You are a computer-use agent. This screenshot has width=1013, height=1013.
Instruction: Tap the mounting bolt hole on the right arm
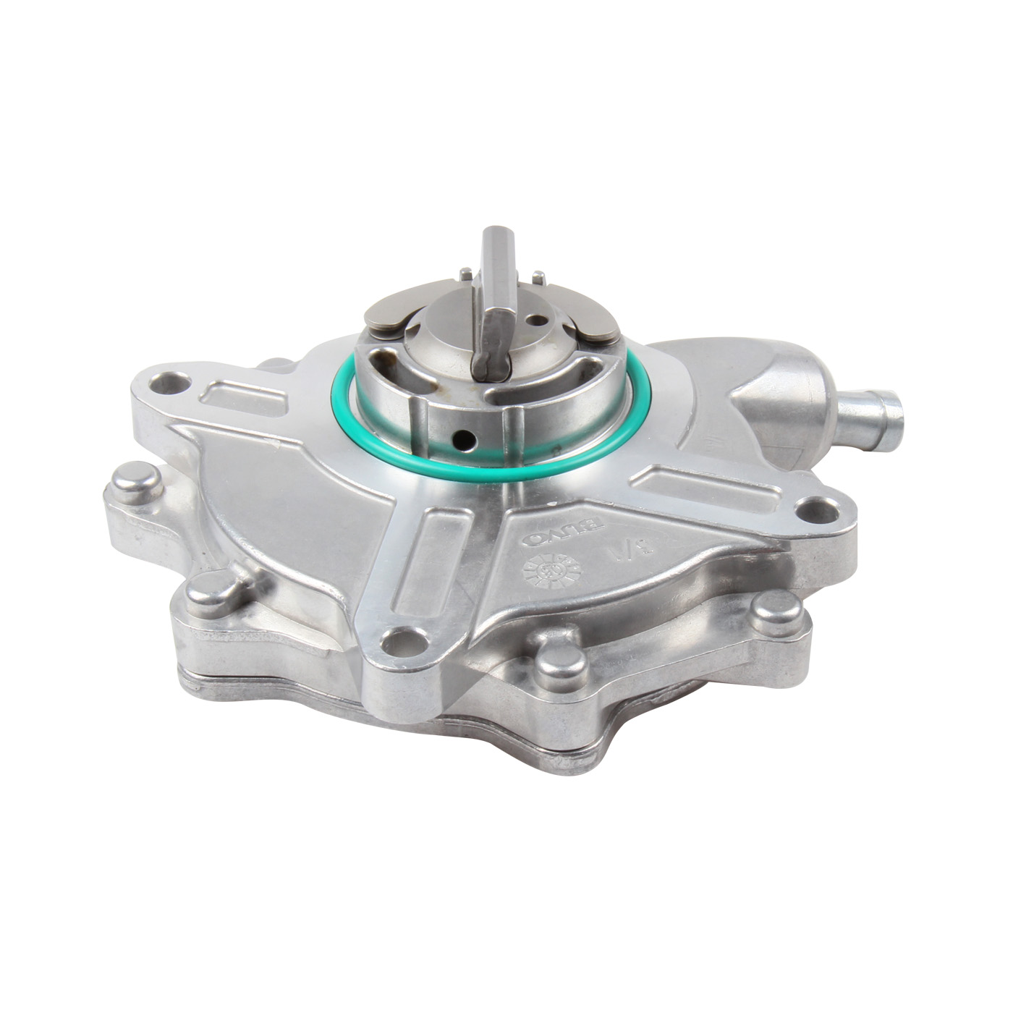(x=817, y=510)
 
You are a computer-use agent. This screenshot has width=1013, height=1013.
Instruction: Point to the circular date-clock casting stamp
(x=552, y=572)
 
